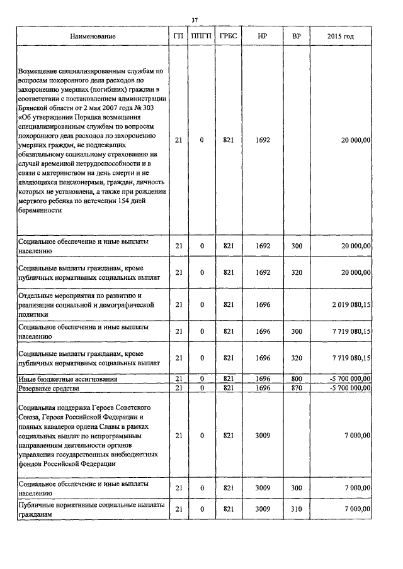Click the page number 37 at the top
(195, 20)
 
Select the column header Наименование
(93, 36)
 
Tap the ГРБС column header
(228, 36)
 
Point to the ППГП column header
(201, 36)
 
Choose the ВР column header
(296, 36)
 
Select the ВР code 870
(296, 388)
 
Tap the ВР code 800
(296, 379)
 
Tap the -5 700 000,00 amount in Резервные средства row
(346, 388)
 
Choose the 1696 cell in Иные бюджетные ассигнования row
(264, 379)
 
